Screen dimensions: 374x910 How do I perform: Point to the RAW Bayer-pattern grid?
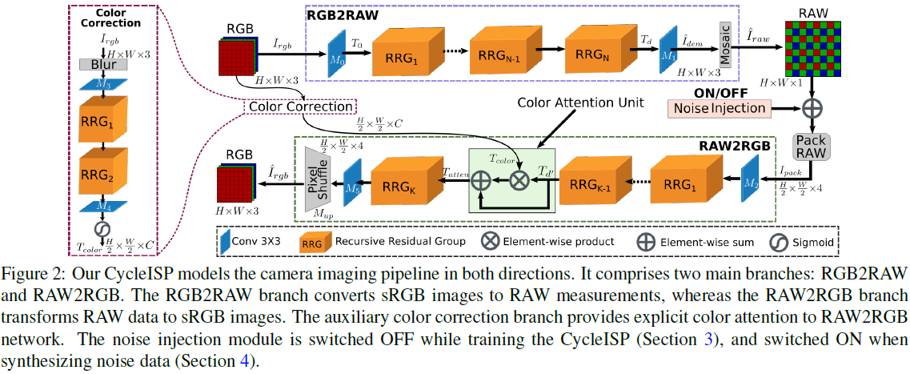[x=813, y=46]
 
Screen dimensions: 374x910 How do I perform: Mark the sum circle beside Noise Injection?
[x=813, y=107]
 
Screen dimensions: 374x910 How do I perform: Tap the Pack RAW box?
[x=813, y=145]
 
